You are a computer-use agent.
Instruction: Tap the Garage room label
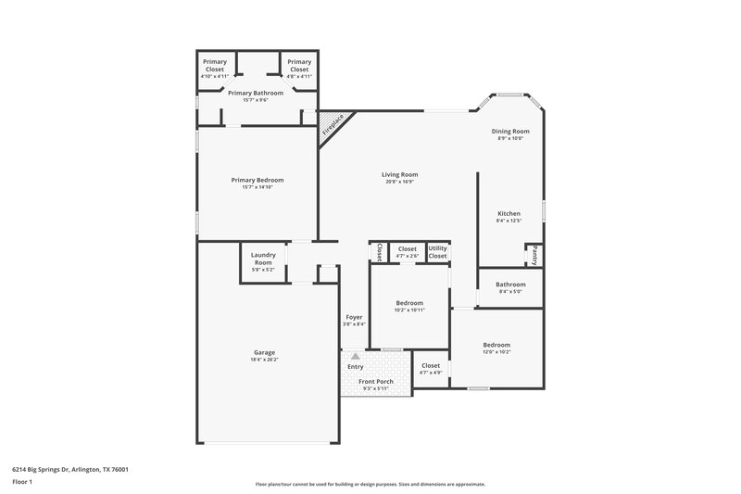(x=265, y=351)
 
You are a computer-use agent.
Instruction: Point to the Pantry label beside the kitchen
(x=534, y=255)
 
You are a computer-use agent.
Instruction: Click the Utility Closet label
(x=437, y=252)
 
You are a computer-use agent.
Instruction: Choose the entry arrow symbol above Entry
(x=355, y=356)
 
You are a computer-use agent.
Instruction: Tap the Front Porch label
(x=376, y=381)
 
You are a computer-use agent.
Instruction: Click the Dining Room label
(x=510, y=131)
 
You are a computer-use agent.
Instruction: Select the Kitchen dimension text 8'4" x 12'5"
(x=509, y=221)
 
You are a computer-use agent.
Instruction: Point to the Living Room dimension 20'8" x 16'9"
(x=400, y=182)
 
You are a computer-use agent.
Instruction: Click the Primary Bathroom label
(x=255, y=93)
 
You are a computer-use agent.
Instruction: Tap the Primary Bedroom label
(x=257, y=180)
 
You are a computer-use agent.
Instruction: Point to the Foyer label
(x=354, y=317)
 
